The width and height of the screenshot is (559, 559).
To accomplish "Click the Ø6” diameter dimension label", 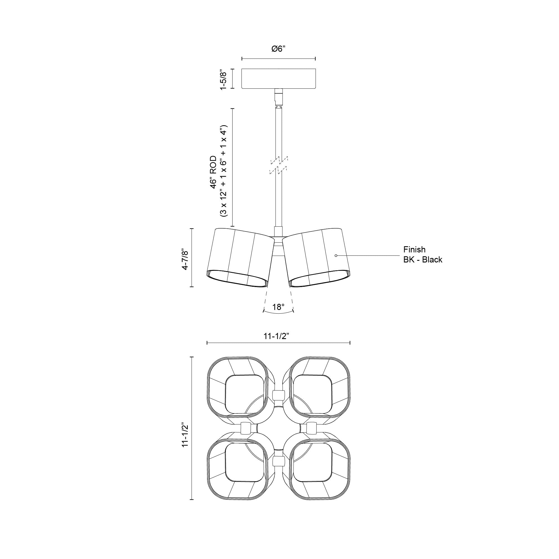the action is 278,49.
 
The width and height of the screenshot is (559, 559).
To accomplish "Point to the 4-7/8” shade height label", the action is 185,258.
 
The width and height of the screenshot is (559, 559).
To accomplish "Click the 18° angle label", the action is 278,307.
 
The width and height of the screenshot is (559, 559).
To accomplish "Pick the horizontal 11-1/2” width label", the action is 277,336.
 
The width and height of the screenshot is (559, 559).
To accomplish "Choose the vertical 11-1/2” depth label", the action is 185,431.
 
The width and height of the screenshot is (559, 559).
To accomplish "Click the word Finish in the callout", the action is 414,249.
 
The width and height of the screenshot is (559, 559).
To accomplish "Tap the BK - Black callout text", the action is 423,260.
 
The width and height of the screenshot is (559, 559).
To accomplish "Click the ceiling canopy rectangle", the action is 278,79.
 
